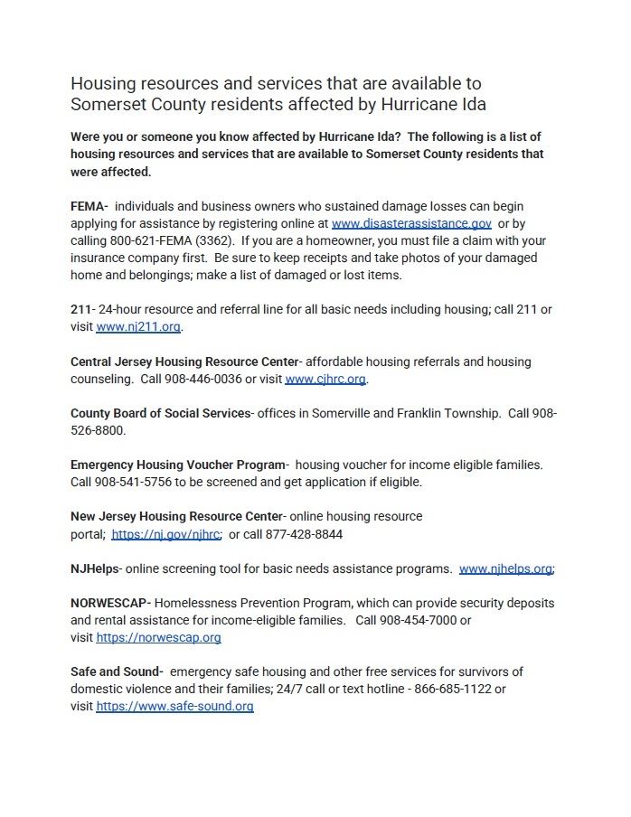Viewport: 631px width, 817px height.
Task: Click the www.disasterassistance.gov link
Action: pyautogui.click(x=411, y=223)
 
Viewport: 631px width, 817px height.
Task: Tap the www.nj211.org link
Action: pyautogui.click(x=138, y=327)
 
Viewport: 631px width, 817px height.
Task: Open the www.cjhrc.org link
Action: pyautogui.click(x=325, y=380)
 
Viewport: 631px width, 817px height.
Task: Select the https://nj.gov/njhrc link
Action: pyautogui.click(x=166, y=534)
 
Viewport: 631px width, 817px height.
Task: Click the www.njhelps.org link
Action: pyautogui.click(x=505, y=569)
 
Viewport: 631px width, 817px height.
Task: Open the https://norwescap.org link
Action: pyautogui.click(x=158, y=638)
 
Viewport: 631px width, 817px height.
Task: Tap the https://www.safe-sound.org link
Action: pyautogui.click(x=174, y=707)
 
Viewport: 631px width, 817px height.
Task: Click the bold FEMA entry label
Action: pyautogui.click(x=89, y=206)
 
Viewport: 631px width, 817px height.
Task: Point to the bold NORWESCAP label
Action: pyautogui.click(x=110, y=603)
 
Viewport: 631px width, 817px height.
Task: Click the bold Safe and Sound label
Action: pyautogui.click(x=116, y=672)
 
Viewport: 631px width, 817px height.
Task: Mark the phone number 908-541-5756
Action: pyautogui.click(x=133, y=483)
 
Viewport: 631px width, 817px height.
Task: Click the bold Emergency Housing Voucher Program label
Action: pyautogui.click(x=178, y=465)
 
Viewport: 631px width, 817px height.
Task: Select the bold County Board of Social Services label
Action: pyautogui.click(x=160, y=413)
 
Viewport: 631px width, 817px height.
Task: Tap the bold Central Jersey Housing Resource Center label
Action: pyautogui.click(x=184, y=362)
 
